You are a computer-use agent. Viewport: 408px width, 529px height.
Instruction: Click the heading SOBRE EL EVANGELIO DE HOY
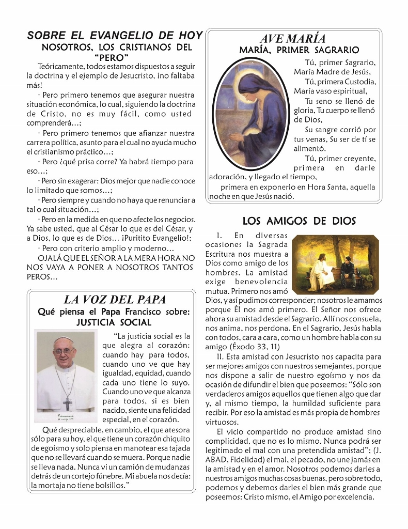click(115, 36)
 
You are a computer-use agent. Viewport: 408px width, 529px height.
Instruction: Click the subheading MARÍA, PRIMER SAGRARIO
click(299, 50)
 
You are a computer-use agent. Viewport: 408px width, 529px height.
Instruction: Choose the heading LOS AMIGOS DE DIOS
click(299, 221)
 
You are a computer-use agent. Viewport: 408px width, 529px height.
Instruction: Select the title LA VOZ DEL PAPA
click(115, 300)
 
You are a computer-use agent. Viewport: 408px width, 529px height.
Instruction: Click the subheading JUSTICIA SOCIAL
click(114, 323)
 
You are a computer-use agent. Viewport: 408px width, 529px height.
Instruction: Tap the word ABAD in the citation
click(215, 460)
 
